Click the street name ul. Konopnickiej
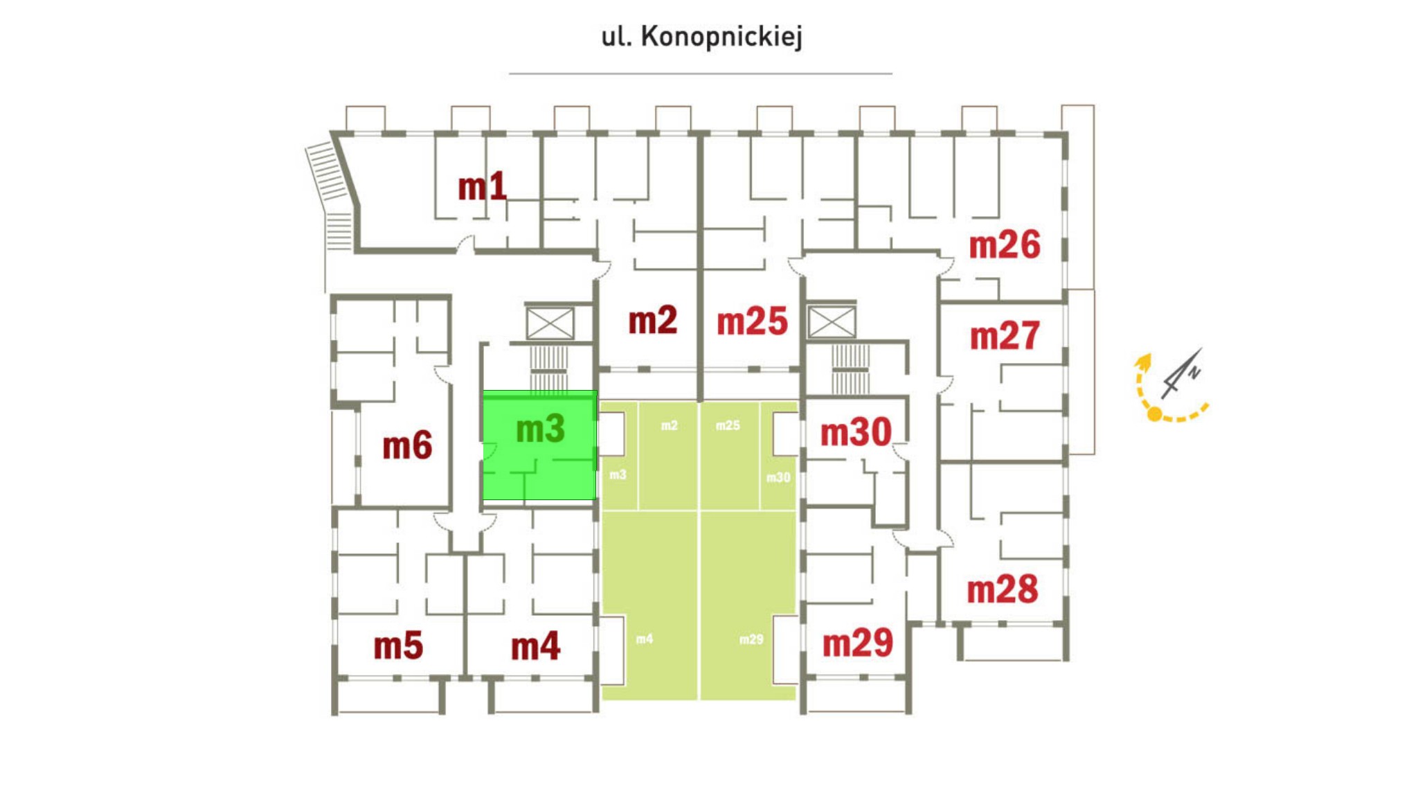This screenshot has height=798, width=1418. pos(701,37)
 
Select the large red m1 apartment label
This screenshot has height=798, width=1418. pos(482,187)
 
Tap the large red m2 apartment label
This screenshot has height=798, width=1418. pos(652,321)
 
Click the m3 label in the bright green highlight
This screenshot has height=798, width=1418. pos(540,429)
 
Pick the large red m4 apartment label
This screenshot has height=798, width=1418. pos(535,646)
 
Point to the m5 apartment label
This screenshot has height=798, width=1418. pos(398,646)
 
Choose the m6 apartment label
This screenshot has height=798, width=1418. pos(407,445)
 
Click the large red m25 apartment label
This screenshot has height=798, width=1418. pos(752,321)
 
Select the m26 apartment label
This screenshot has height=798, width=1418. pos(1005,245)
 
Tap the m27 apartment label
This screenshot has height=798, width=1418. pos(1005,336)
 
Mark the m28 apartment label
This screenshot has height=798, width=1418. pos(1003,589)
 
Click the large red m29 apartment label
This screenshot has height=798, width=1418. pos(858,643)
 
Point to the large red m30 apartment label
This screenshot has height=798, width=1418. pos(856,432)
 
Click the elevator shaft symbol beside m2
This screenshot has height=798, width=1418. pos(550,323)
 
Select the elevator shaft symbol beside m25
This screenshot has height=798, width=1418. pos(832,322)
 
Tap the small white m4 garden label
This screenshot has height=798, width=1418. pos(645,639)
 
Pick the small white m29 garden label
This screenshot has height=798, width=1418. pos(751,639)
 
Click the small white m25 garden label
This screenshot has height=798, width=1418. pos(728,425)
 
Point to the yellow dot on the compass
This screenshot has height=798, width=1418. pos(1154,414)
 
